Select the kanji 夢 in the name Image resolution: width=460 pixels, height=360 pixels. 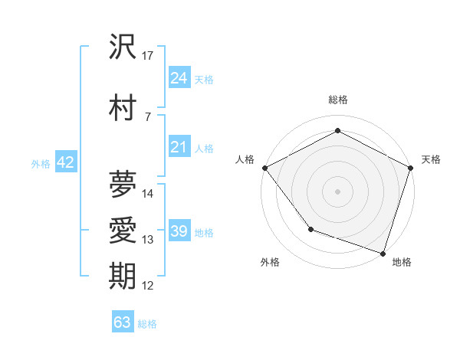(123, 184)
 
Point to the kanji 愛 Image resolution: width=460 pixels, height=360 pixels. (123, 231)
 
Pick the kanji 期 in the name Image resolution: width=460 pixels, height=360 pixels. (123, 277)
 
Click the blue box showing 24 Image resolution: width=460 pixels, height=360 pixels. (179, 78)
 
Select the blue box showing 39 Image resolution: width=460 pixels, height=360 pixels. (179, 231)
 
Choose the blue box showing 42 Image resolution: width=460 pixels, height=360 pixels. (65, 162)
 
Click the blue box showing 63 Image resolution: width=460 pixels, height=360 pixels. (123, 322)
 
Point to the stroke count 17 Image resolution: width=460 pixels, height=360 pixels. (148, 56)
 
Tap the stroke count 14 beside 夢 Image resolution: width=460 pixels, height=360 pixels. (148, 194)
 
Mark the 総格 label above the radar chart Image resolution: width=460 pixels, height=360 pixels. (337, 100)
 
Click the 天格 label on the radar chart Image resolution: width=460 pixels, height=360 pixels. (431, 159)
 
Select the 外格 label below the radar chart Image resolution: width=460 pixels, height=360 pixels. (270, 262)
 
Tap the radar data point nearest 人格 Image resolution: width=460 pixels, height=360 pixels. (264, 167)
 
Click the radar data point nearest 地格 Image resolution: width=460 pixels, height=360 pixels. (383, 253)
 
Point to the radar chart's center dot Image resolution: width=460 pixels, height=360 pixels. (337, 191)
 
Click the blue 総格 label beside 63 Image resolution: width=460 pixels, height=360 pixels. (147, 324)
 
